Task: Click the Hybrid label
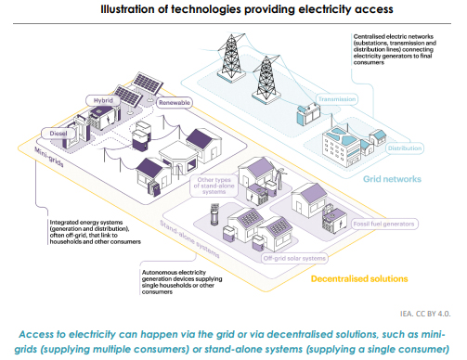[x=103, y=100]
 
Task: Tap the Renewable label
[x=175, y=103]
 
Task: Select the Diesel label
[x=58, y=134]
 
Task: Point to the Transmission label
[x=337, y=99]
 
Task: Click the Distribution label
[x=405, y=148]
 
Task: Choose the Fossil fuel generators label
[x=383, y=224]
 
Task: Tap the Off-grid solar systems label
[x=294, y=258]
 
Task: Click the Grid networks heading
[x=392, y=179]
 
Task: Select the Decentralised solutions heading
[x=359, y=279]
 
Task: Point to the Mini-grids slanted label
[x=49, y=157]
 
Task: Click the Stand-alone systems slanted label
[x=189, y=239]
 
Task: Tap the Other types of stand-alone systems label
[x=214, y=186]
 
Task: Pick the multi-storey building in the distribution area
[x=342, y=147]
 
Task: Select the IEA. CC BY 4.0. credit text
[x=425, y=314]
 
